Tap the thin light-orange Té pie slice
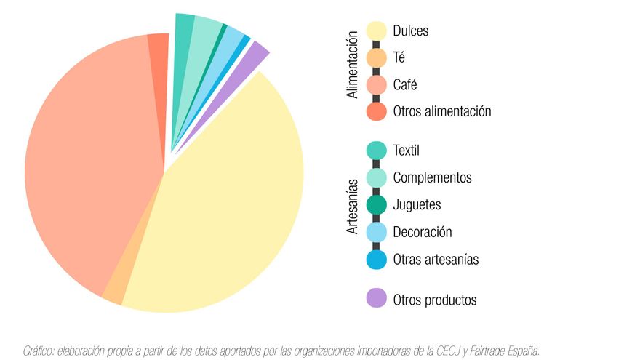click(x=113, y=291)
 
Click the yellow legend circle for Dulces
click(x=377, y=31)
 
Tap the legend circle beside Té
click(x=377, y=58)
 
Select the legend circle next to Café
click(x=377, y=85)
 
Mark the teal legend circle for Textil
click(x=377, y=151)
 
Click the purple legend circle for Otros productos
click(x=377, y=299)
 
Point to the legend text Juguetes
click(x=417, y=205)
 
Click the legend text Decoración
click(x=423, y=232)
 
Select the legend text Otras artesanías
click(x=436, y=259)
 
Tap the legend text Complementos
click(x=432, y=177)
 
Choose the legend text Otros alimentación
click(x=442, y=111)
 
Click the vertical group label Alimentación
click(x=353, y=65)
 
